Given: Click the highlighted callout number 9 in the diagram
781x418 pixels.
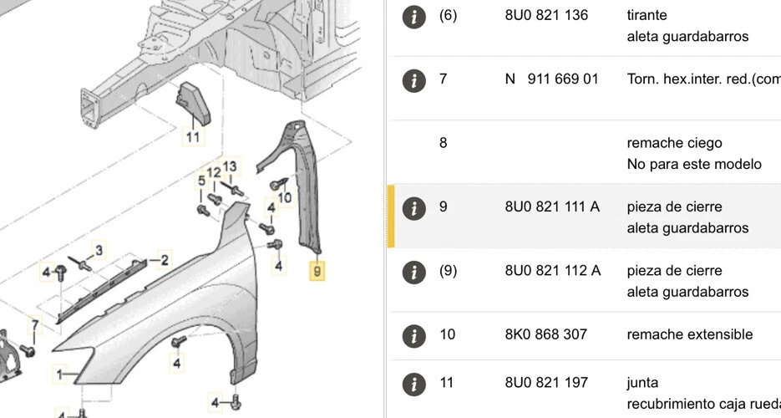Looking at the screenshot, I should coord(317,271).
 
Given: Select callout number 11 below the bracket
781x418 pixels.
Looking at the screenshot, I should coord(193,137).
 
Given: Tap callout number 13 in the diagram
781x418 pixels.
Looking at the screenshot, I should coord(230,166).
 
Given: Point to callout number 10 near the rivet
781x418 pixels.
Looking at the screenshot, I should coord(285,197).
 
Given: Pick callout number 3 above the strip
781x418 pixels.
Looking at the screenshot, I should coord(98,249).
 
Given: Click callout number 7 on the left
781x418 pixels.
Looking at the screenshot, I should coord(34,324).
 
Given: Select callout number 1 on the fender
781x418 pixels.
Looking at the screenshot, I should coord(59,373).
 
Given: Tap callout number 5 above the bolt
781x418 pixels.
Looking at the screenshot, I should coord(201,181).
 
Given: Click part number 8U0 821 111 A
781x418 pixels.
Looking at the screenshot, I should coord(552,206).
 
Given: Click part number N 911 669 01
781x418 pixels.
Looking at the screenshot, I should coord(551,79).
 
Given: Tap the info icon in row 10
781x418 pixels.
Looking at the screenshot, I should coord(413,335).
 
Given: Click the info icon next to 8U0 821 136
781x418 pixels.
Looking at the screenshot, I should coord(413,16).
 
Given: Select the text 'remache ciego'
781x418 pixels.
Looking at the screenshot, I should coord(674,143).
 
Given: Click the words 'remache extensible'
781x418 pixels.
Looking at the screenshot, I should coord(689,334).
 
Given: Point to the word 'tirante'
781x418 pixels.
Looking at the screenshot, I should coord(647,15).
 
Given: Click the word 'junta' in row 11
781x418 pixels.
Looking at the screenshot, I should coord(642,383).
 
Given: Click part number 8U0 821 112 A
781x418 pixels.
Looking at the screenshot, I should coord(552,271).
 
